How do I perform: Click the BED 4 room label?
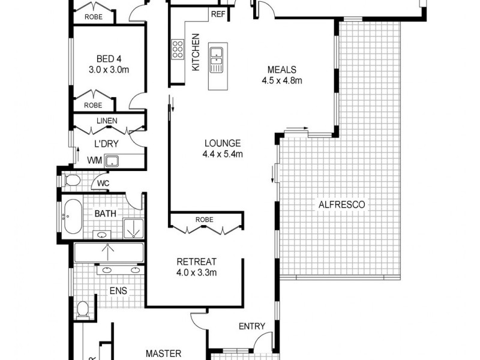(x=109, y=59)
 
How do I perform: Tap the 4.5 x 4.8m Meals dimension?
(x=282, y=80)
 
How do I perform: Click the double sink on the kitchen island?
(x=216, y=55)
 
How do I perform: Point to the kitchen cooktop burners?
(x=178, y=49)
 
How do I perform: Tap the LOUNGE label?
(x=223, y=143)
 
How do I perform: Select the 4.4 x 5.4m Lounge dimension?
(x=223, y=154)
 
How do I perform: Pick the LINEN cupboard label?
(x=107, y=121)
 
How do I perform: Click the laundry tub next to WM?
(x=112, y=161)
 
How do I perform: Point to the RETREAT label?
(x=196, y=262)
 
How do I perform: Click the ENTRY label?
(x=251, y=326)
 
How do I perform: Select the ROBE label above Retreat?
(x=204, y=220)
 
